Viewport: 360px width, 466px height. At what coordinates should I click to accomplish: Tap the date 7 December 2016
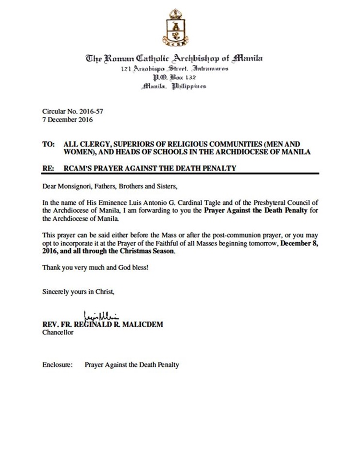click(x=68, y=119)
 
